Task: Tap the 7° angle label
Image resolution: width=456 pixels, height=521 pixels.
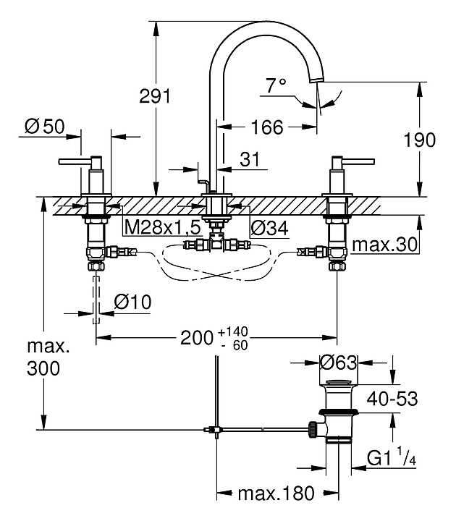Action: [x=276, y=86]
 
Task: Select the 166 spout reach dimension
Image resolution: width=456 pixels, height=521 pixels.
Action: [x=266, y=127]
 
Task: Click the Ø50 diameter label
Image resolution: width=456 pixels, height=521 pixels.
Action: [x=44, y=127]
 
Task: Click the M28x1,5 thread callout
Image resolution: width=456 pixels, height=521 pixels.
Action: [x=161, y=228]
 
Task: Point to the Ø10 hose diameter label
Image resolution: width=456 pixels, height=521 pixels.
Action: [x=132, y=302]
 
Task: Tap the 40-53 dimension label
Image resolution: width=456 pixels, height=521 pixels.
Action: [x=392, y=398]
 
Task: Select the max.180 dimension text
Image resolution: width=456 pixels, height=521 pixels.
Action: [x=276, y=494]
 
